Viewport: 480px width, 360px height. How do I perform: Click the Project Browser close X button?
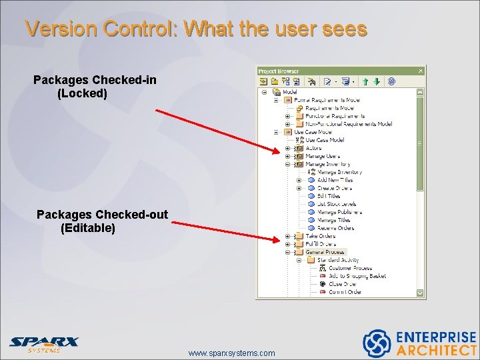coord(421,70)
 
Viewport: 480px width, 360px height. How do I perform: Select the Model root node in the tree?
coord(290,92)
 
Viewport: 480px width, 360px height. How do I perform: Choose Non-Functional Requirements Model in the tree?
coord(349,124)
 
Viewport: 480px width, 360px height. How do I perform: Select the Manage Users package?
coord(323,156)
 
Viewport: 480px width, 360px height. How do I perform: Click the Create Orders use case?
coord(335,188)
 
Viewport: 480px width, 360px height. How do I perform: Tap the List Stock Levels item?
coord(337,204)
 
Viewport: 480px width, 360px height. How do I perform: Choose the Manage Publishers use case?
coord(339,212)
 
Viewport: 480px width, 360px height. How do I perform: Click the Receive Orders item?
coord(335,228)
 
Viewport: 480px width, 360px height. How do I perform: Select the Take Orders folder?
coord(321,236)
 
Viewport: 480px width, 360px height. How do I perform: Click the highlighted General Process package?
coord(325,252)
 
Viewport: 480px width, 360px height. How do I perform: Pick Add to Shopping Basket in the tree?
coord(357,276)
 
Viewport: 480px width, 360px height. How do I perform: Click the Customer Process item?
coord(350,268)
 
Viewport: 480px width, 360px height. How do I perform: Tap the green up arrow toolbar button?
coord(365,81)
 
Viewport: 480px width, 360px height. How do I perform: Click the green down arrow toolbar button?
coord(376,81)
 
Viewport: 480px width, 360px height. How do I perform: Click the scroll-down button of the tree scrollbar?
coord(421,293)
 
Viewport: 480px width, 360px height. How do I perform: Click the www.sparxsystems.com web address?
coord(231,353)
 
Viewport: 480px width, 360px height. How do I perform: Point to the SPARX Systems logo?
coord(43,343)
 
